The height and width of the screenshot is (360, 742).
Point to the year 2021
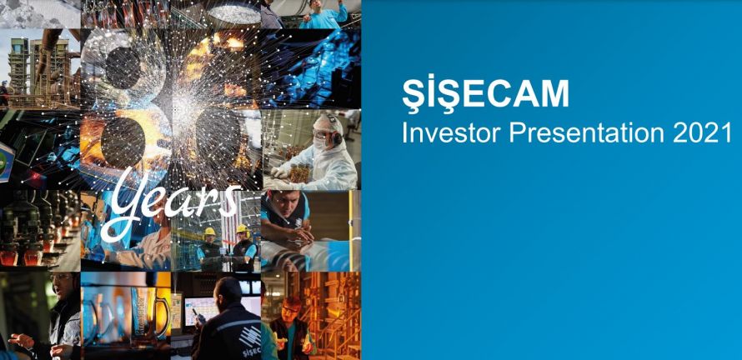tap(702, 133)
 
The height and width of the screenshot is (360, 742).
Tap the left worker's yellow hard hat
tap(209, 232)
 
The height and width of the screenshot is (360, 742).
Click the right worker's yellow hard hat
tap(243, 229)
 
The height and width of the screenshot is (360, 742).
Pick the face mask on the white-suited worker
tap(321, 142)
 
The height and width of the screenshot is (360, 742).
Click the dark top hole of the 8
tap(123, 68)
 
